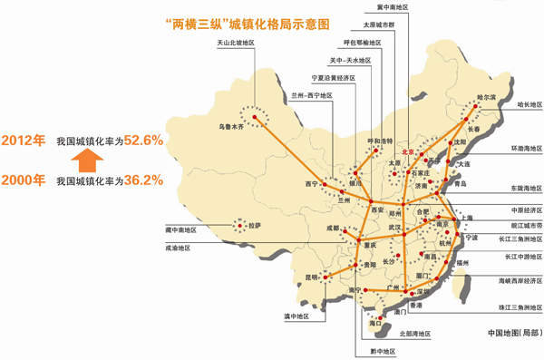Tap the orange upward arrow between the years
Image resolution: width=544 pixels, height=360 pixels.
84,161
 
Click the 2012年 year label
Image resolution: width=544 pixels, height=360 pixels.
23,141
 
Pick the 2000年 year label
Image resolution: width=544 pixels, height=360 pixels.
23,180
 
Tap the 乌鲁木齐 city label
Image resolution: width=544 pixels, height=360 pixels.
233,127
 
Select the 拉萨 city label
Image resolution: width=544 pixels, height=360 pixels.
251,225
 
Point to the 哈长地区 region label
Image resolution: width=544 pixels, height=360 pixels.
528,104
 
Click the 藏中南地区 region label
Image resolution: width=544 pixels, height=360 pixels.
184,229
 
